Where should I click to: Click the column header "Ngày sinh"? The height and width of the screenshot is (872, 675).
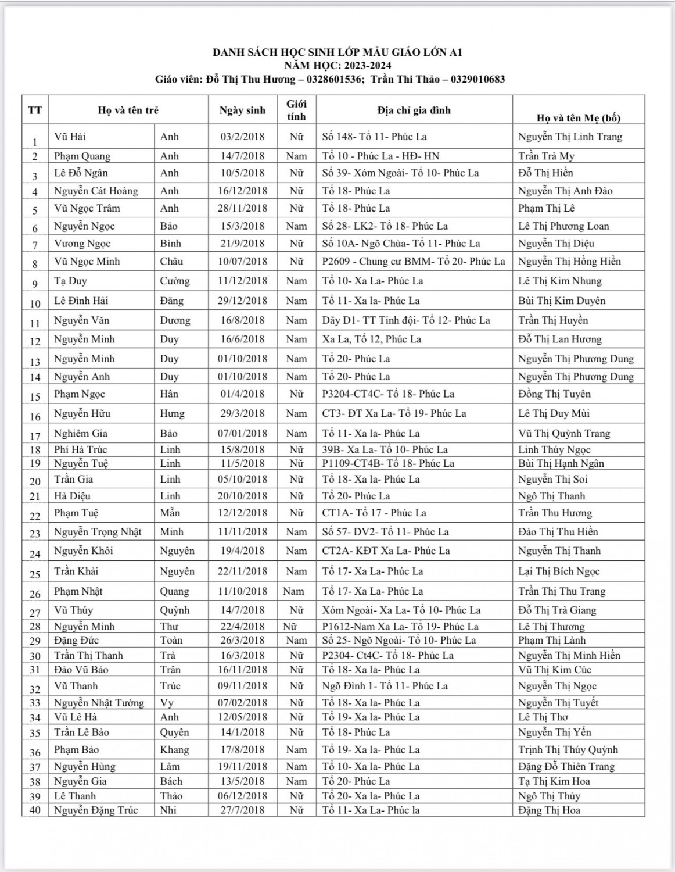[x=242, y=110]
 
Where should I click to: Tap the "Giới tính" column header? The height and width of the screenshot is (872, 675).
[x=296, y=110]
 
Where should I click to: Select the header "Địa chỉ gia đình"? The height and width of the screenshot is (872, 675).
[x=414, y=110]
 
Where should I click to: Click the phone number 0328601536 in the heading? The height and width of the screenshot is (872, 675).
[x=334, y=79]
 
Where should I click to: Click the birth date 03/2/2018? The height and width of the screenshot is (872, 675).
[x=242, y=137]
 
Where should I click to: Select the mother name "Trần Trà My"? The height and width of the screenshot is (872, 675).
[x=546, y=156]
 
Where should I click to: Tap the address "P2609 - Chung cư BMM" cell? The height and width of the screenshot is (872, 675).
[x=414, y=261]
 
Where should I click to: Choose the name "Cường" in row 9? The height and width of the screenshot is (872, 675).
[x=175, y=281]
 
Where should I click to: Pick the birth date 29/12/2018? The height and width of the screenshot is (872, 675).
[x=242, y=301]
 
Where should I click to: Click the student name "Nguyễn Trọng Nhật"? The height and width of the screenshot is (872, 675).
[x=98, y=531]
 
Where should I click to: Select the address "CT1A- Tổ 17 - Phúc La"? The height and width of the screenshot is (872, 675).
[x=374, y=513]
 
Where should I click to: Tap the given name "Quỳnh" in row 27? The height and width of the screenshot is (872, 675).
[x=175, y=610]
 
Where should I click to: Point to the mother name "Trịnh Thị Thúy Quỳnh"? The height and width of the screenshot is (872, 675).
[x=568, y=749]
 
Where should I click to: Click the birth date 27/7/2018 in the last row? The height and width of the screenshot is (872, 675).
[x=242, y=810]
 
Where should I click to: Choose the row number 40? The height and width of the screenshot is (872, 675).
[x=35, y=810]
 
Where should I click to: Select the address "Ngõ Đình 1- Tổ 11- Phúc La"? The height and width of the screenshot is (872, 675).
[x=385, y=686]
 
